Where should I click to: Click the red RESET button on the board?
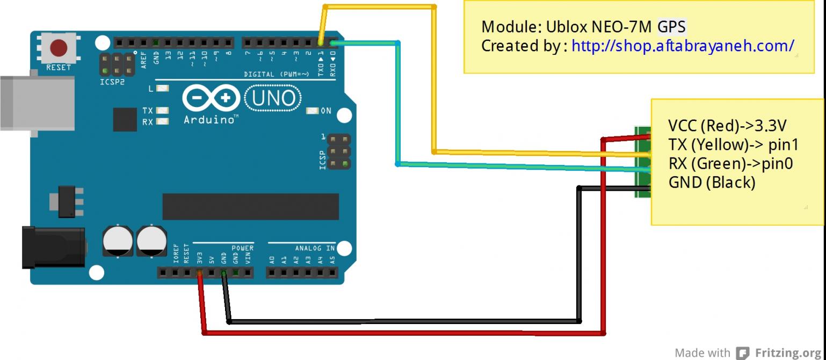(59, 48)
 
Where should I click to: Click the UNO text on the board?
(273, 98)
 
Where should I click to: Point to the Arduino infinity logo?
(212, 98)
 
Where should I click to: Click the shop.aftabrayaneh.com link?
(683, 46)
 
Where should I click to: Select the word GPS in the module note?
(671, 26)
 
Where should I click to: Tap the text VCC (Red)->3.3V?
(727, 126)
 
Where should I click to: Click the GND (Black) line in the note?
(712, 183)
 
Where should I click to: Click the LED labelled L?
(163, 89)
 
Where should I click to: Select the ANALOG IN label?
(315, 248)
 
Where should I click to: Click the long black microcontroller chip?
(250, 207)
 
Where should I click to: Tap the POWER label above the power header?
(242, 248)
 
